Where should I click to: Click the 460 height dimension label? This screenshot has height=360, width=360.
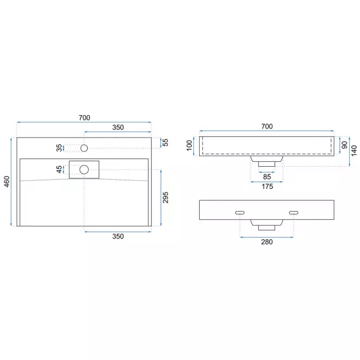(x=7, y=181)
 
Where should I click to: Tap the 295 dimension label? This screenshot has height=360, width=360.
(x=165, y=198)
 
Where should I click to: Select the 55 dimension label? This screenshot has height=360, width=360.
(x=165, y=142)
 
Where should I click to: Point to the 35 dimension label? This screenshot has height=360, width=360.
(x=59, y=148)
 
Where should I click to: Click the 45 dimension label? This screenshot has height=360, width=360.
(x=59, y=169)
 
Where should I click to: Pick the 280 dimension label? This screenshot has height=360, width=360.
(x=267, y=242)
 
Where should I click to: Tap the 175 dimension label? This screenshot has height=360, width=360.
(x=267, y=186)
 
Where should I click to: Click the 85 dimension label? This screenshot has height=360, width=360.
(x=267, y=177)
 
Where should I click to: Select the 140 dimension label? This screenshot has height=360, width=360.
(x=354, y=150)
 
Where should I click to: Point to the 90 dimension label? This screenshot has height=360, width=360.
(x=344, y=145)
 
